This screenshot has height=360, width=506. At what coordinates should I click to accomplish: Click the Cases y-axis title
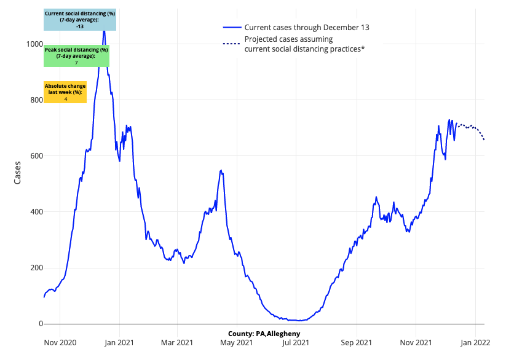point(18,172)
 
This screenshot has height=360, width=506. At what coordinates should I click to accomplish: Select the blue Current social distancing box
point(80,20)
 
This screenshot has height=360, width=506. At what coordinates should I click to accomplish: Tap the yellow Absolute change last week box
point(65,92)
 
